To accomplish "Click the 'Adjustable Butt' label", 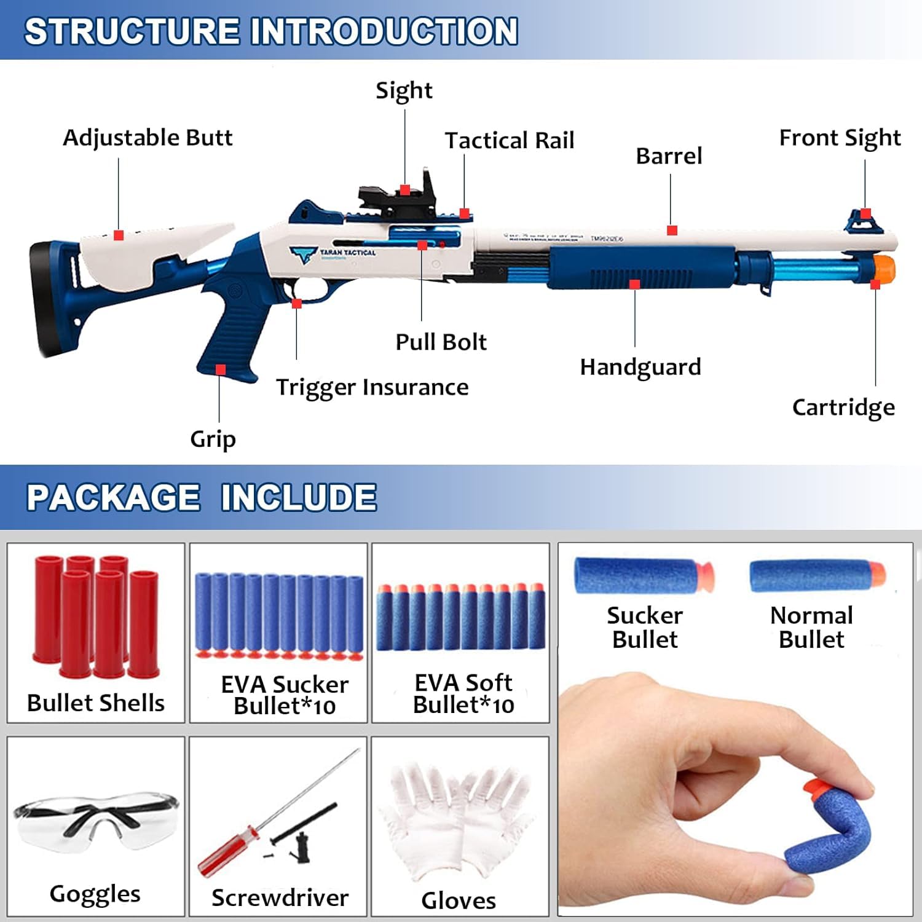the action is [x=148, y=138].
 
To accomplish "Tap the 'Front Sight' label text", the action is [x=840, y=138].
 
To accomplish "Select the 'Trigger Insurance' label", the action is [x=372, y=387].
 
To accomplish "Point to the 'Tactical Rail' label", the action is [x=510, y=141].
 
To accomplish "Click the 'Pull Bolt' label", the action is [x=441, y=342].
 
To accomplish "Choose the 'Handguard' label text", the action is [x=640, y=367].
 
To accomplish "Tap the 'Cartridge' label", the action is [x=843, y=407].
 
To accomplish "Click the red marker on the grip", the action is [x=221, y=369].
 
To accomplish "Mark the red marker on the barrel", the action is [x=672, y=230].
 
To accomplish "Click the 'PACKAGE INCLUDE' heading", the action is [x=202, y=497].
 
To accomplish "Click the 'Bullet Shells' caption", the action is [x=96, y=703].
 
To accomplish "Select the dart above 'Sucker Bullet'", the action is [x=643, y=575].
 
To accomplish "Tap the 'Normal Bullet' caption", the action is [x=811, y=627].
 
